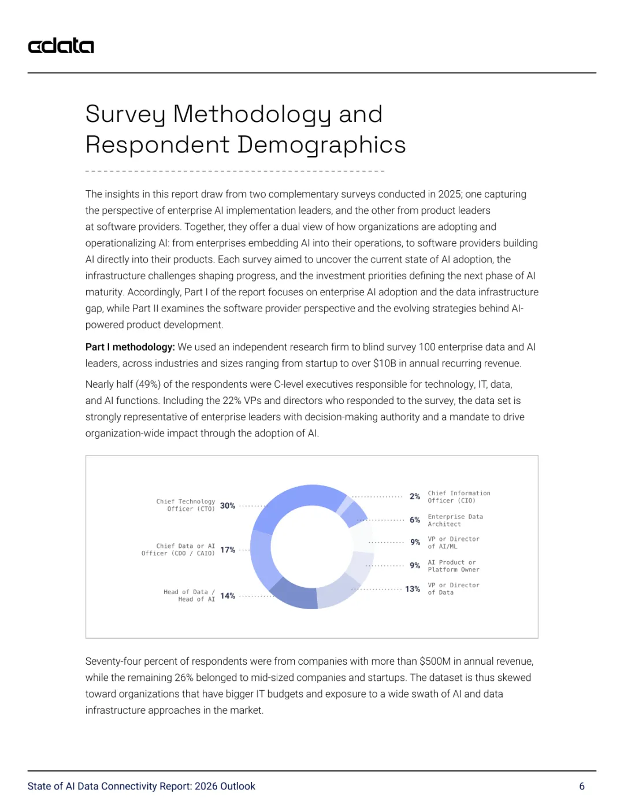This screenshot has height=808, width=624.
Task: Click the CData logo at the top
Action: pos(61,46)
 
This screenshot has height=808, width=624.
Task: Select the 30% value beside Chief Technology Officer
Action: pos(228,506)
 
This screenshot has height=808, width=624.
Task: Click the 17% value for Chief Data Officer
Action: pos(228,550)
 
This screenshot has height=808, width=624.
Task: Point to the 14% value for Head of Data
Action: pos(228,596)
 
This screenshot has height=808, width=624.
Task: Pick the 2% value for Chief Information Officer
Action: pos(415,496)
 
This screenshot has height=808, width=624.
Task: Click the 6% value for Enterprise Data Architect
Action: pos(415,520)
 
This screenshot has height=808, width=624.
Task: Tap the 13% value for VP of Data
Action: pos(413,589)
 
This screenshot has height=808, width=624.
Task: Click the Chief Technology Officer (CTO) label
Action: pos(185,505)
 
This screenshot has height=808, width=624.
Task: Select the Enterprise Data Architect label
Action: pos(455,520)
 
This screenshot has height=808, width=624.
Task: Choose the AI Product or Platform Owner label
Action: pos(454,566)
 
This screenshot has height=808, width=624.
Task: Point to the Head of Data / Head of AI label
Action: pos(189,595)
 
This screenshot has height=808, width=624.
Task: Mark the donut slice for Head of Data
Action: pos(295,595)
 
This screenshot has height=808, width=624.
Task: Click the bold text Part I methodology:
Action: pos(130,347)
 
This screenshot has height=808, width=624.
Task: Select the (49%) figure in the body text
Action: pos(148,384)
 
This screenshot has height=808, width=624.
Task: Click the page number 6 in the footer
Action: pos(582,786)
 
